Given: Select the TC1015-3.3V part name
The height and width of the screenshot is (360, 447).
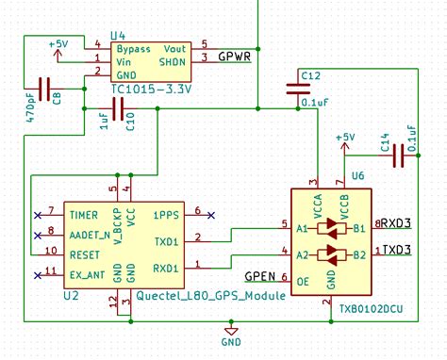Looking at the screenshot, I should click(151, 90).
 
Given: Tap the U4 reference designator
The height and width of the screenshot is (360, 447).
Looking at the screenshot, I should click(120, 34).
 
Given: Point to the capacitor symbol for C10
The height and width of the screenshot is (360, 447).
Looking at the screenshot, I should click(118, 111).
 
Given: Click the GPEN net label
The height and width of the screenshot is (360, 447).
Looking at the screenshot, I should click(259, 277).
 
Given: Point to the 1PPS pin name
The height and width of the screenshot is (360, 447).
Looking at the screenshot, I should click(166, 214).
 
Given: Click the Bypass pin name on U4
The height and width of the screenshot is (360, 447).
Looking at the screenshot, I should click(133, 47).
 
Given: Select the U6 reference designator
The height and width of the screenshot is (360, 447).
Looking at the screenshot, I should click(357, 176).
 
